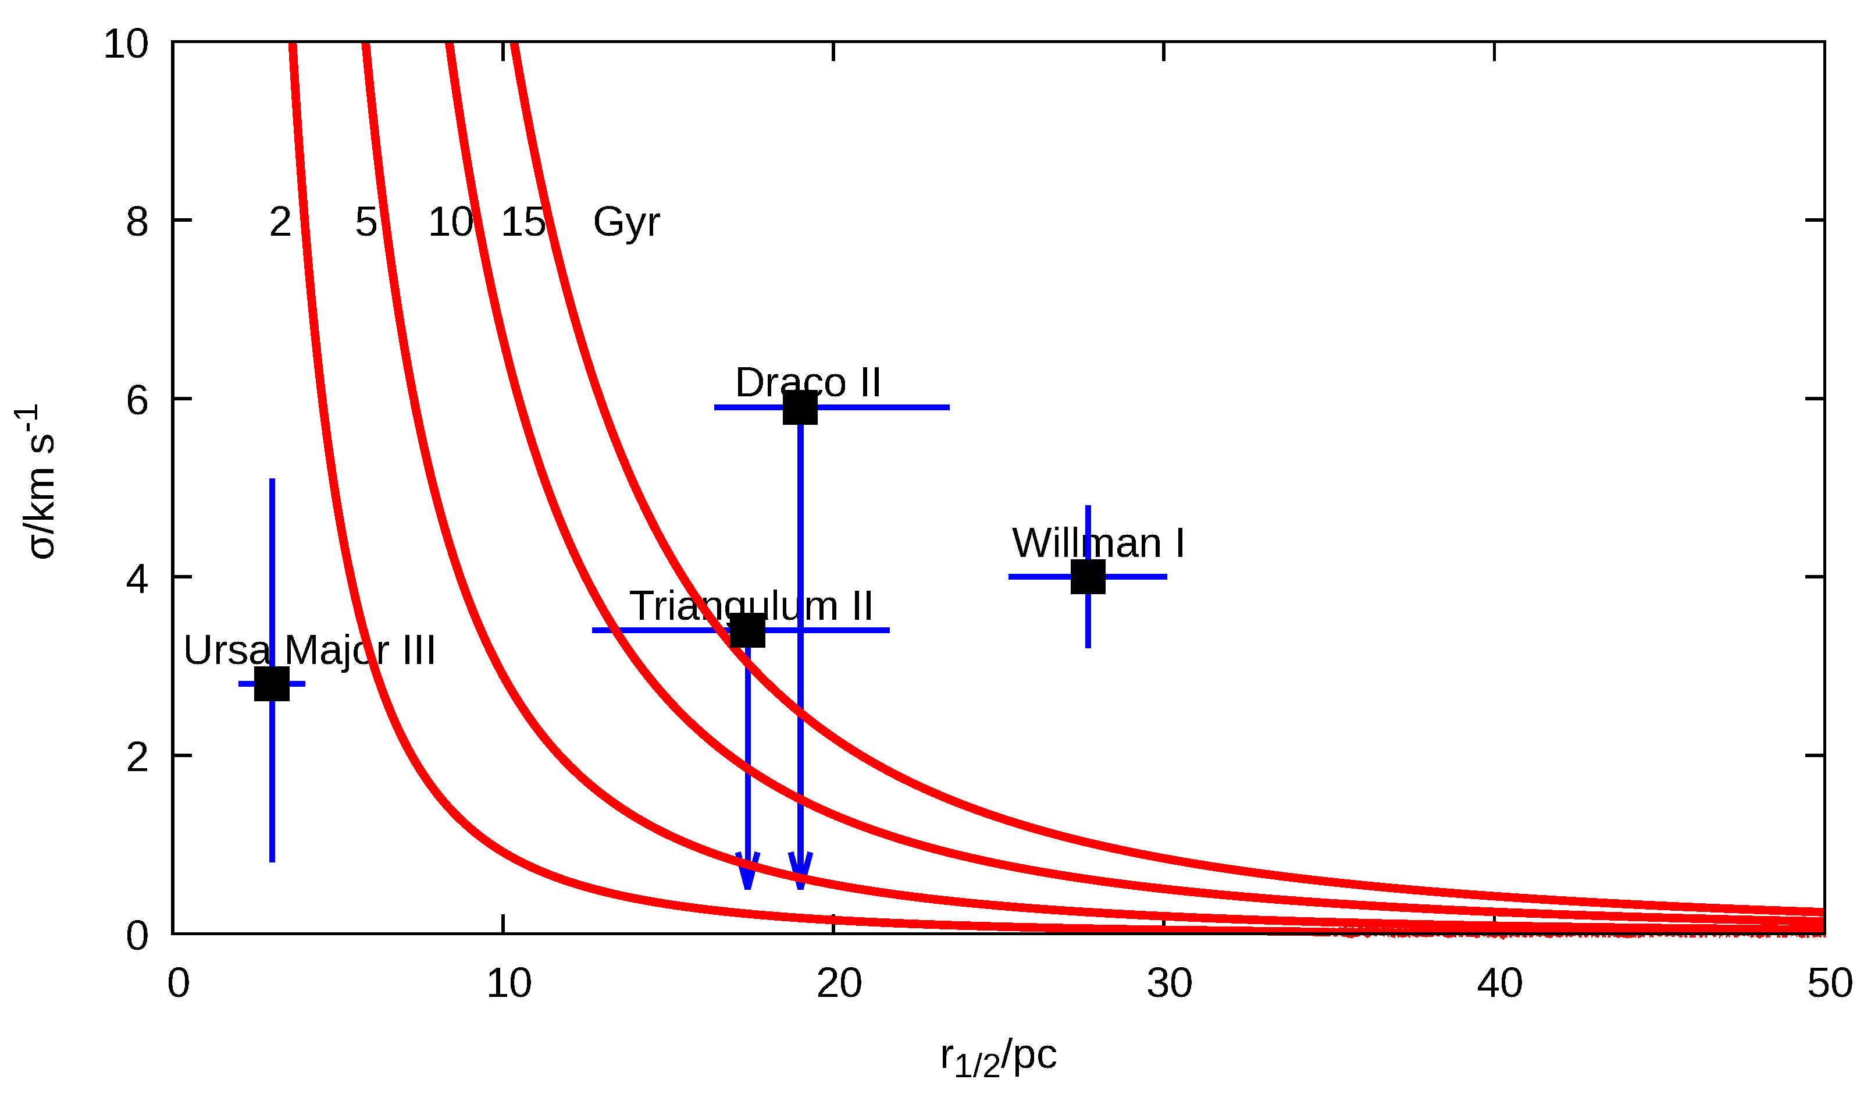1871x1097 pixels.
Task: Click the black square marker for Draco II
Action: pyautogui.click(x=800, y=408)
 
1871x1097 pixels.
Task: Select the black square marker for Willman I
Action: pyautogui.click(x=1088, y=577)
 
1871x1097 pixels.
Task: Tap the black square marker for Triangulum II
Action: pyautogui.click(x=748, y=631)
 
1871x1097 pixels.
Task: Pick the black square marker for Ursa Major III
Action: pyautogui.click(x=272, y=684)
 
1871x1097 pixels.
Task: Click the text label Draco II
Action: pyautogui.click(x=808, y=384)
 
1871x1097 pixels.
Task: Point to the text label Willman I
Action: pyautogui.click(x=1098, y=544)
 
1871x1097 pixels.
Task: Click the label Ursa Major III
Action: pyautogui.click(x=309, y=651)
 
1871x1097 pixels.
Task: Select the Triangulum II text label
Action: pyautogui.click(x=751, y=606)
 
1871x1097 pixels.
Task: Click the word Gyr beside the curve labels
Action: pyautogui.click(x=626, y=222)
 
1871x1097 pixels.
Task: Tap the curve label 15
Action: pyautogui.click(x=523, y=222)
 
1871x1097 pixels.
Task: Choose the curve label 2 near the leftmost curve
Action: pyautogui.click(x=280, y=222)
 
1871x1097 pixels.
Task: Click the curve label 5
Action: pyautogui.click(x=365, y=222)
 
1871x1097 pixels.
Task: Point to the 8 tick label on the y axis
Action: pyautogui.click(x=137, y=222)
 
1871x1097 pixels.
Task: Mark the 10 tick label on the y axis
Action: pyautogui.click(x=126, y=45)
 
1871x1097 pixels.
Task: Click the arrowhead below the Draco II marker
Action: pyautogui.click(x=800, y=871)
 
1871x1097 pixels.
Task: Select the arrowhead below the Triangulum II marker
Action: pyautogui.click(x=748, y=871)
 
